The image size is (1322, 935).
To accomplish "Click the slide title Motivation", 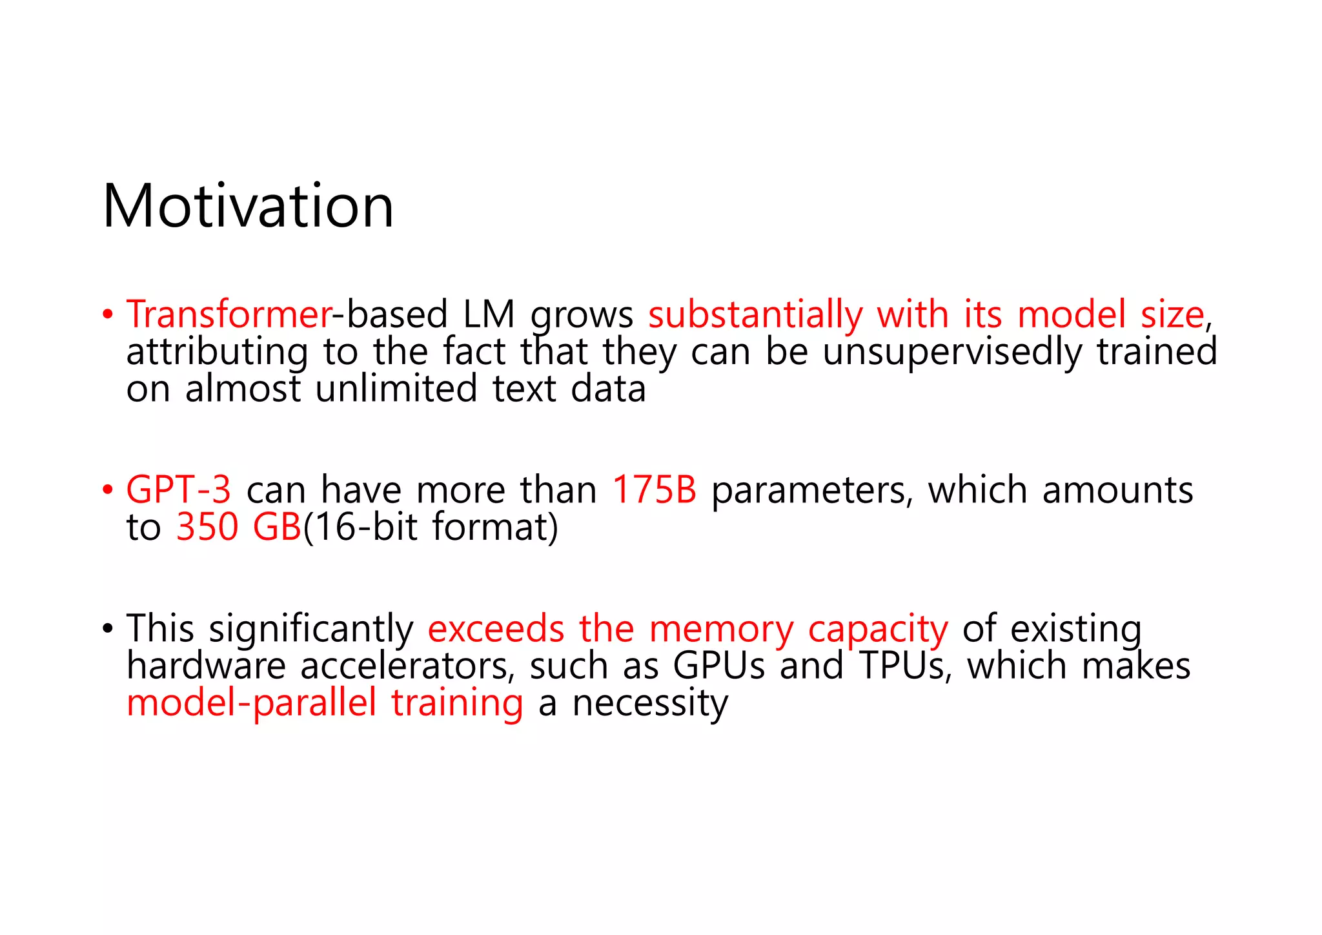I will coord(248,207).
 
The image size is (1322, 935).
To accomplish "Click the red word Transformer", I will coord(229,314).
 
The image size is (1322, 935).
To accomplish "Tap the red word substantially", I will coord(755,314).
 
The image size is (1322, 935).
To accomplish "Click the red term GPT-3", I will coord(178,489).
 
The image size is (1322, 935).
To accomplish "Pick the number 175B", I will coord(654,489).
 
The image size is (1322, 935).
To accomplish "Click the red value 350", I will coord(207,527).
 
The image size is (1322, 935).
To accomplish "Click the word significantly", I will coord(311,629).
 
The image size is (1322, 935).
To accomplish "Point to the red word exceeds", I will coord(496,629).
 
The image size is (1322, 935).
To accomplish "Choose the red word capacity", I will coord(878,630).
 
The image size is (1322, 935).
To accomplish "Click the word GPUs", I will coord(718,666).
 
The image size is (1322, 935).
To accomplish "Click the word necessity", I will coord(650,704).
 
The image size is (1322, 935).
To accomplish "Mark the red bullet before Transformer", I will coord(108,315).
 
